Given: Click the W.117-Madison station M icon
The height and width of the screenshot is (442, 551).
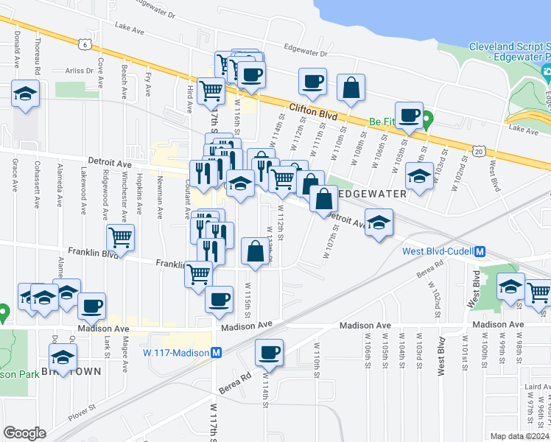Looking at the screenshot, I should coord(217,352).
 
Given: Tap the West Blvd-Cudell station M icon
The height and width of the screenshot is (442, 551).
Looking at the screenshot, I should coord(480,251).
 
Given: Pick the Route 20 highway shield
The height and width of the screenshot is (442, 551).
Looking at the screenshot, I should coord(479,151).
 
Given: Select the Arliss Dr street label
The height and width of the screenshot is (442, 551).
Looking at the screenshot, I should coord(79,71).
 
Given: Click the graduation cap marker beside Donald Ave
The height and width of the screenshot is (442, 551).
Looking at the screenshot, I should coord(25,94).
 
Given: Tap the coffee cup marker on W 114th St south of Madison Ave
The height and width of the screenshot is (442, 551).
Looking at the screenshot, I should coord(270,352).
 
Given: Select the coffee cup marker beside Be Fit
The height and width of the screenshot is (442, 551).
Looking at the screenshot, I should coord(409,114).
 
